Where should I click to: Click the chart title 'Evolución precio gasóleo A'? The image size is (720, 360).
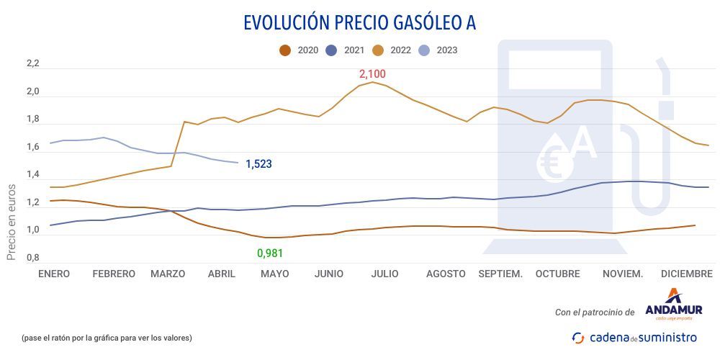(359, 22)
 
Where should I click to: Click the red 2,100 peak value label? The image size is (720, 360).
(372, 74)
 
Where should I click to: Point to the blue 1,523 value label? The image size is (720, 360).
(258, 164)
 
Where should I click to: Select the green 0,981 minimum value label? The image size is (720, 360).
(271, 253)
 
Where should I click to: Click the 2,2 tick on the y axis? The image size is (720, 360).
(32, 64)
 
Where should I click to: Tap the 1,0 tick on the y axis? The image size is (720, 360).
(32, 230)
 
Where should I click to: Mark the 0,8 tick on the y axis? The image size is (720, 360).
(32, 258)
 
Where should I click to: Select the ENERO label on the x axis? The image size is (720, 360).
(54, 274)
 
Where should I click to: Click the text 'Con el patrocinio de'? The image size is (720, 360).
(595, 312)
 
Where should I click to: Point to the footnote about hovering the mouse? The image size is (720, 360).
(107, 338)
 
